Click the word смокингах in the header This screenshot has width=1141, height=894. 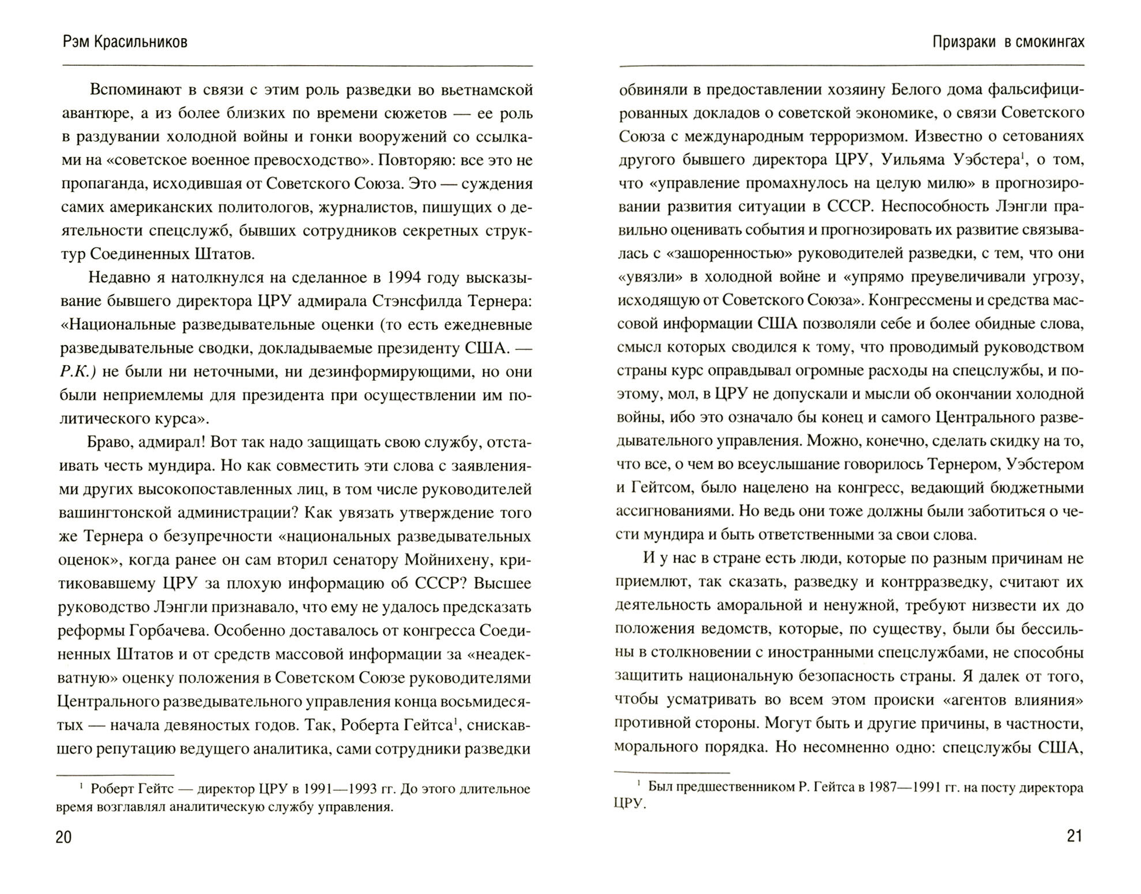1045,42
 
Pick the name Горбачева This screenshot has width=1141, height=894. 164,630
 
